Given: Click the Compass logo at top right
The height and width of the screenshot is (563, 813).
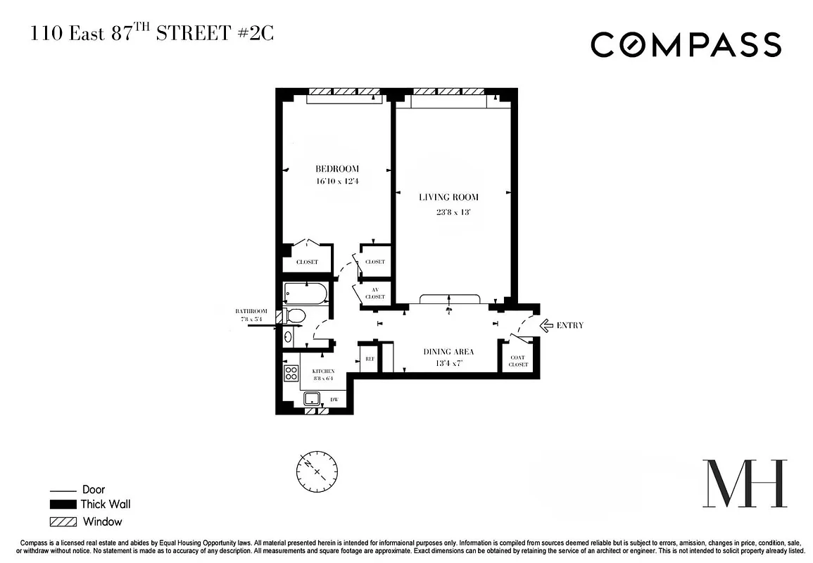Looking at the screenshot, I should coord(686,45).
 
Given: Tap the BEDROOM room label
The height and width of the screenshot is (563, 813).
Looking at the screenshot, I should coord(337,169).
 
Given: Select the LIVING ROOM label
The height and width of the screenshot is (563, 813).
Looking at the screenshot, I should coord(448,198).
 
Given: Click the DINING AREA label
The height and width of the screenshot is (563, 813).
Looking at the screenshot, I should coord(448,352).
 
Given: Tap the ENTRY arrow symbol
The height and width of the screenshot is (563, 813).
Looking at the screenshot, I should coord(546,325).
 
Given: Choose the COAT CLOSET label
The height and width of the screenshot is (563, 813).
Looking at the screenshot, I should coord(518,361).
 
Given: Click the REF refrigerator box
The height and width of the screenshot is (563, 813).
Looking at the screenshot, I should coord(369,359).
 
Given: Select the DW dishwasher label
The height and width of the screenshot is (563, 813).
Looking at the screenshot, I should coord(334,400).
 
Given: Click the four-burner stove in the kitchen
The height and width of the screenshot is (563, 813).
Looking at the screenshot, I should coord(291,373).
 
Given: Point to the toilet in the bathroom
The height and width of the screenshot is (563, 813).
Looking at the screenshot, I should coord(294,317).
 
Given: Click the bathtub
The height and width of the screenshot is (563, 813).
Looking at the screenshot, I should coord(305,293).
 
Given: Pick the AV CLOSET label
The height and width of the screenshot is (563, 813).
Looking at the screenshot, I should coord(374,293).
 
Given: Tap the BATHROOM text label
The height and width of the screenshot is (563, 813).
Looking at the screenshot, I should coord(251,311).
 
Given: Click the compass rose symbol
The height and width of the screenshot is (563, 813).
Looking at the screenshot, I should coord(317,471).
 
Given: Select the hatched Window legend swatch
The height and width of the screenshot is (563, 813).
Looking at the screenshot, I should coord(63,522).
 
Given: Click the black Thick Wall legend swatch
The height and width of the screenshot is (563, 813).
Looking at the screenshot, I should coord(63,505).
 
